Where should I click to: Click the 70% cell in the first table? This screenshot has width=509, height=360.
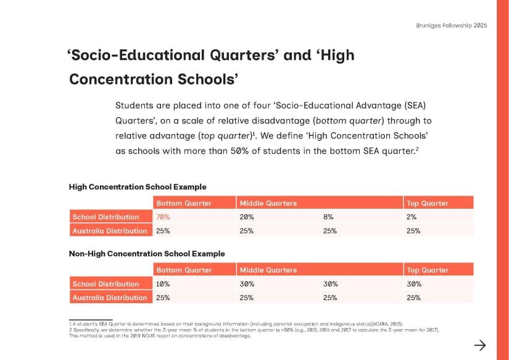[x=163, y=217]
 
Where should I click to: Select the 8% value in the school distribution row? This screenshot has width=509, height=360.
[x=328, y=217]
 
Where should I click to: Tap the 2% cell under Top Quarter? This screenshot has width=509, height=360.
[x=412, y=217]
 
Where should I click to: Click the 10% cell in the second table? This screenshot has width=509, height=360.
[x=163, y=283]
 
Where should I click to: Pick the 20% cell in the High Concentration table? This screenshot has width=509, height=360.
[x=247, y=217]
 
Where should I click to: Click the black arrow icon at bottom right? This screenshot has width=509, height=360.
[x=480, y=345]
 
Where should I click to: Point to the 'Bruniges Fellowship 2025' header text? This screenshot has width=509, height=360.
[x=452, y=25]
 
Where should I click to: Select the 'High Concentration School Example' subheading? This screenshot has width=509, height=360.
[x=138, y=187]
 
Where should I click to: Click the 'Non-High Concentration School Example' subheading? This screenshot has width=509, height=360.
[x=147, y=253]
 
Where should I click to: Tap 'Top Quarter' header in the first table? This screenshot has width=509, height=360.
[x=427, y=203]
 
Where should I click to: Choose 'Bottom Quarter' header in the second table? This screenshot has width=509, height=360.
[x=184, y=270]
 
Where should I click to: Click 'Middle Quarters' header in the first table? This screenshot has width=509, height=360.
[x=268, y=203]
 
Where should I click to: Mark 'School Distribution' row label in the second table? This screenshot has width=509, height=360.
[x=106, y=283]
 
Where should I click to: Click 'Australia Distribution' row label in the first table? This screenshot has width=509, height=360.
[x=110, y=231]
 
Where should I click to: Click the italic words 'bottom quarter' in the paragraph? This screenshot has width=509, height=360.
[x=349, y=121]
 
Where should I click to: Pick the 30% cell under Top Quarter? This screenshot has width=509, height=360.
[x=414, y=283]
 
